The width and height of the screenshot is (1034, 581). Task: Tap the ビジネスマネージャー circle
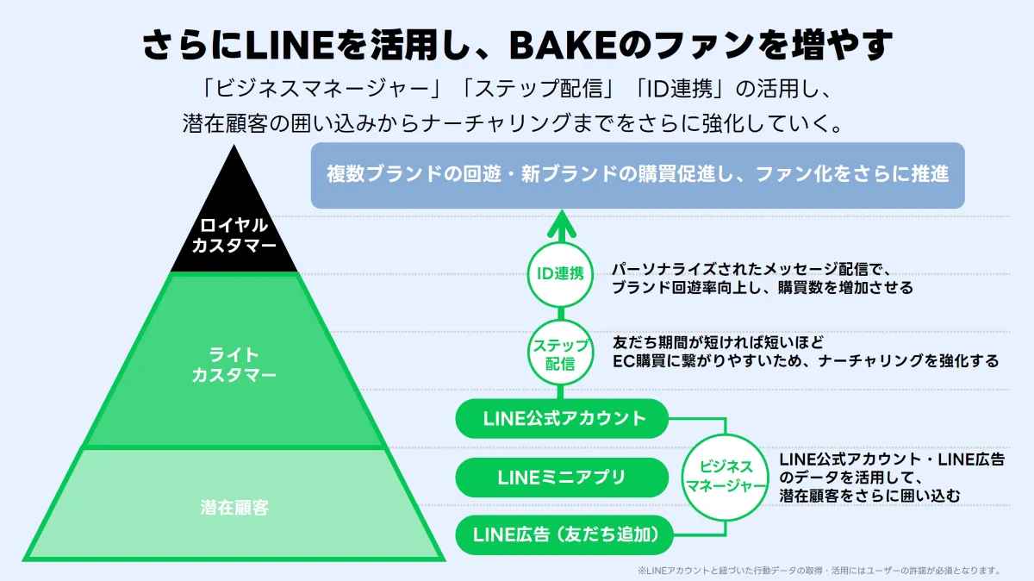click(724, 476)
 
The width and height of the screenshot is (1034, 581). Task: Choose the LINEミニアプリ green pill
click(562, 477)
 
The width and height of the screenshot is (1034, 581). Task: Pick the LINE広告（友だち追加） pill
click(561, 534)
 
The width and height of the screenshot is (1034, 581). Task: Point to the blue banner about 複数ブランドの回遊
click(638, 174)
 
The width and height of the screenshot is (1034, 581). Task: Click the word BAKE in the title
click(554, 46)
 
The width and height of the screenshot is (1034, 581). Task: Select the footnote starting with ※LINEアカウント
click(819, 570)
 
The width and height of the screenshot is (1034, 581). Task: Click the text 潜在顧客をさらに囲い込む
click(869, 495)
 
